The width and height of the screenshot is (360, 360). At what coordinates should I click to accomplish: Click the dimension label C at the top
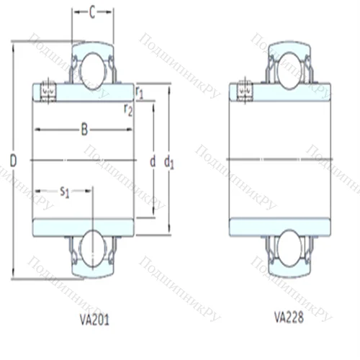92,12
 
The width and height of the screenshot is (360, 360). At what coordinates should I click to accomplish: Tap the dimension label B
84,130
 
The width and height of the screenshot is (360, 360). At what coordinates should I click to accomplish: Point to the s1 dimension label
64,191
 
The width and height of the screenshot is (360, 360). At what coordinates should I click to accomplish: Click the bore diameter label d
152,161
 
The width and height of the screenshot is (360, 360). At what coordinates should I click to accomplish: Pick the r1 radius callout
140,91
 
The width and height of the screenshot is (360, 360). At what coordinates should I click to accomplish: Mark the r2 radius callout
128,109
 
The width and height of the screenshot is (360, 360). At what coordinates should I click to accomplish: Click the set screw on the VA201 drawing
48,91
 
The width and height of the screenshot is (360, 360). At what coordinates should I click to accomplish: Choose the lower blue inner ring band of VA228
280,225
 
